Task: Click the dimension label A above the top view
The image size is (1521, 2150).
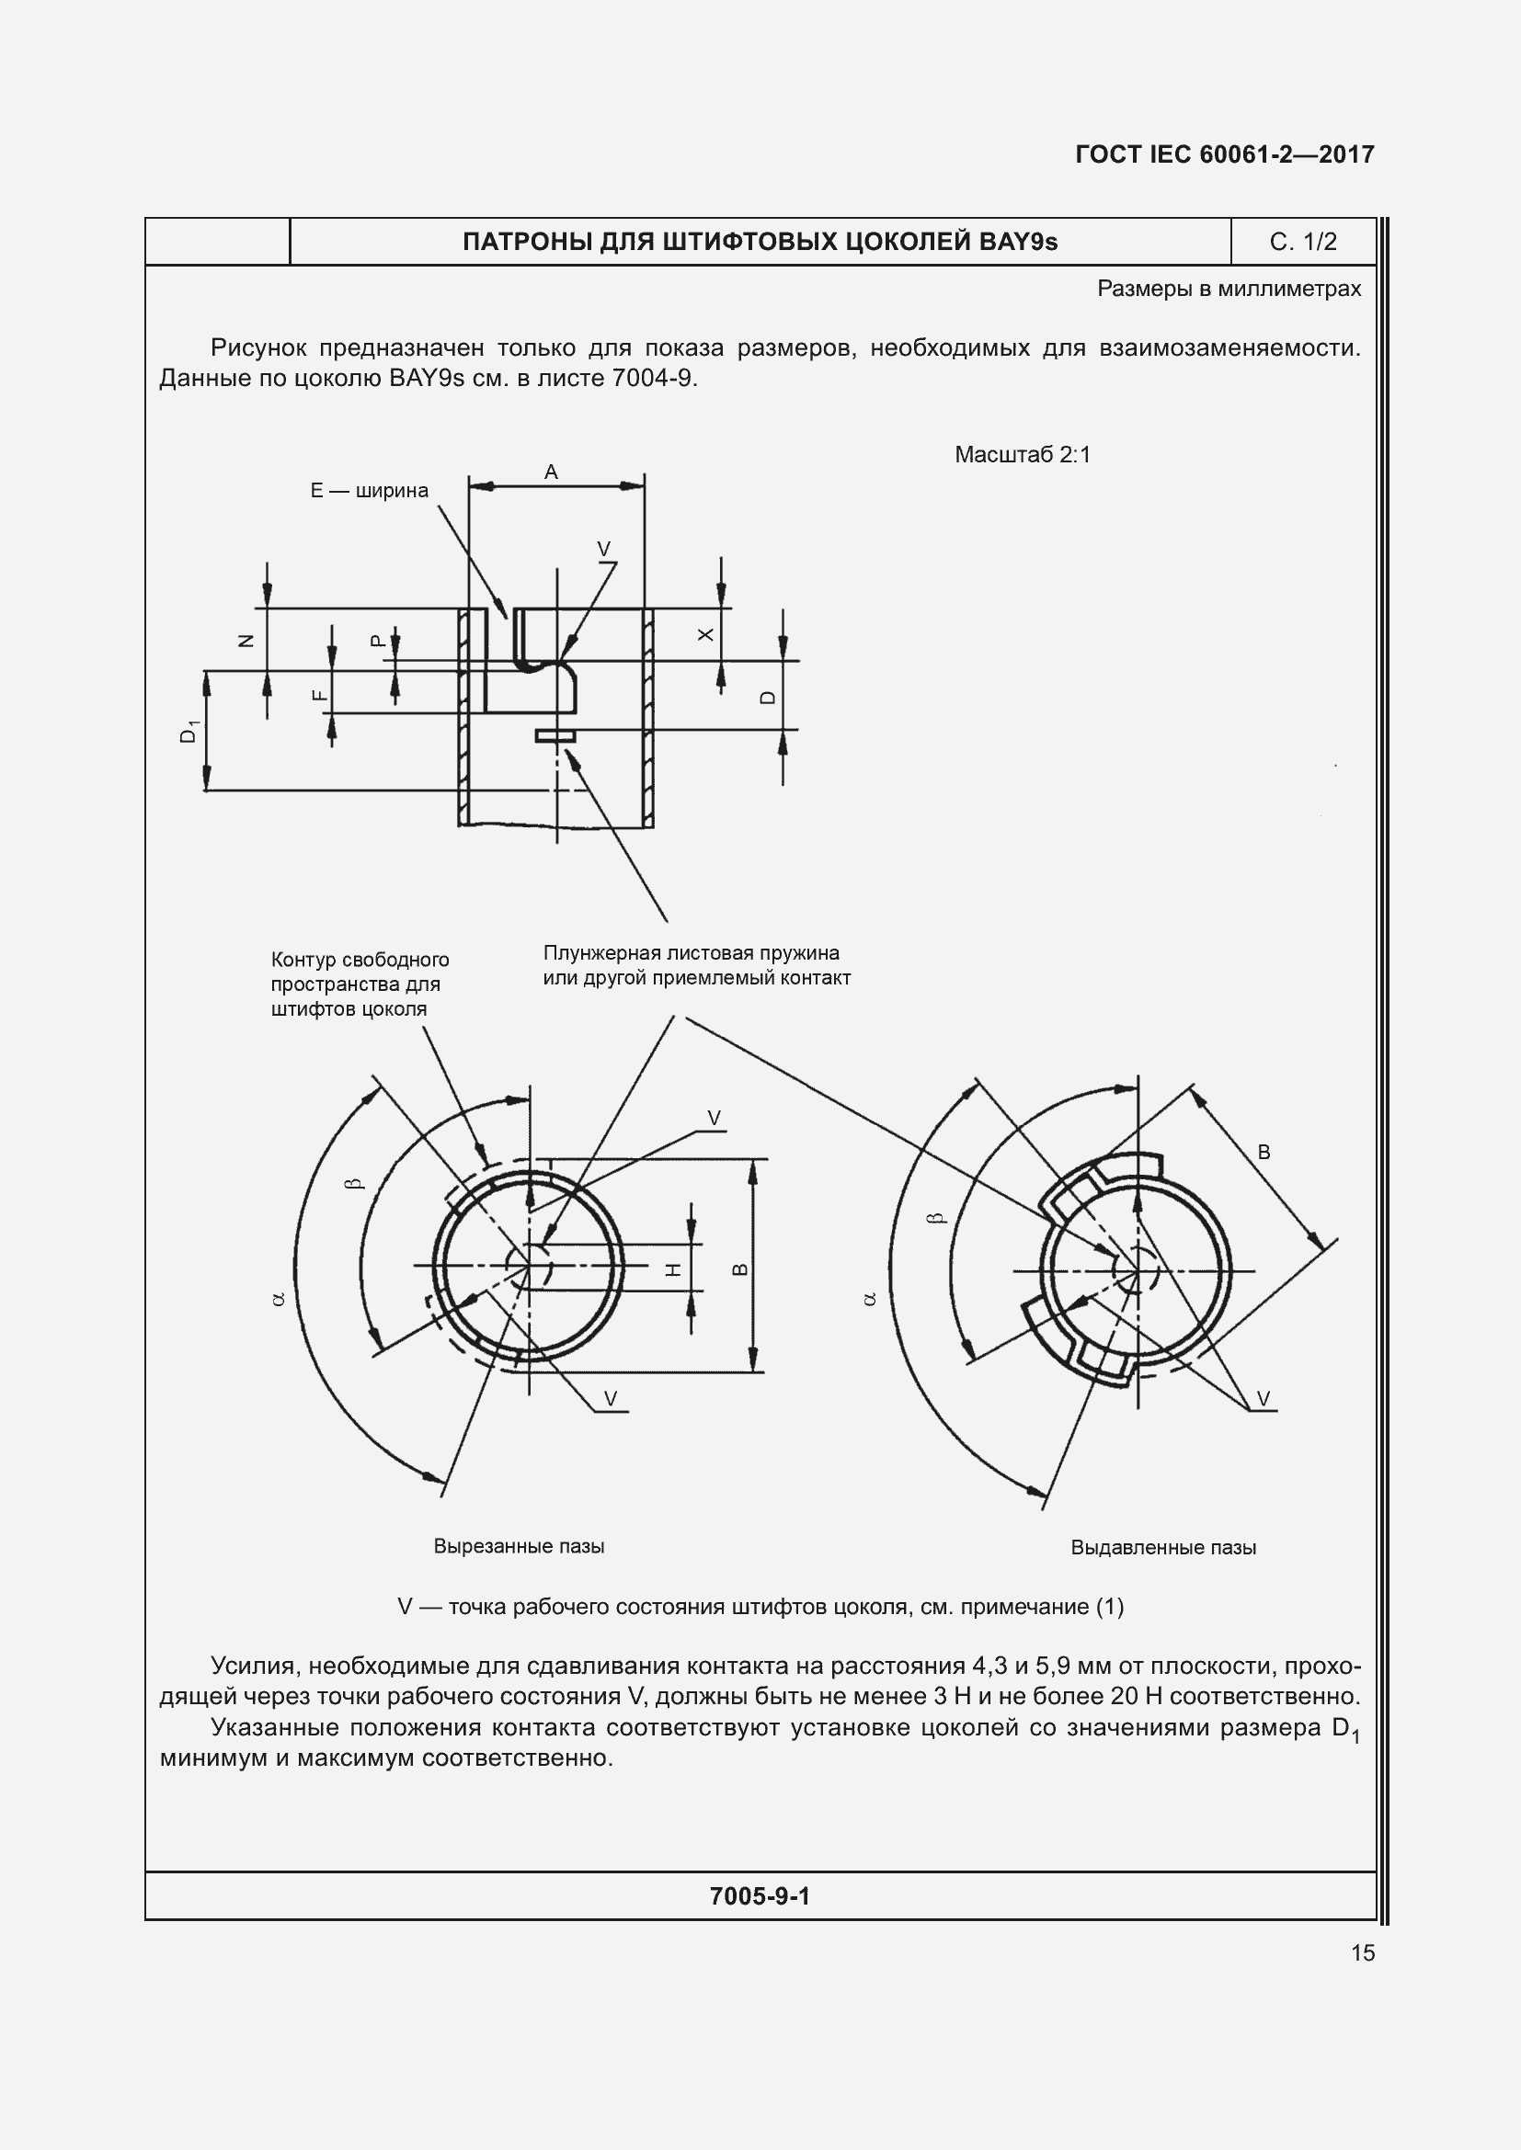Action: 551,472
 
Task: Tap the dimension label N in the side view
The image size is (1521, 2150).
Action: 246,641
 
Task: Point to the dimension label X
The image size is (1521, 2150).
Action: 706,635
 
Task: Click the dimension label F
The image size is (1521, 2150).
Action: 319,695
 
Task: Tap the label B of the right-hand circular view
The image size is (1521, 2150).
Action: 1264,1153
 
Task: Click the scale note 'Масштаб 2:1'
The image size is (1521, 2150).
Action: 1023,455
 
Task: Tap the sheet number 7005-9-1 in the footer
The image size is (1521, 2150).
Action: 760,1896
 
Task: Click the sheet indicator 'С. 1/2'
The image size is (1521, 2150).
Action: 1303,243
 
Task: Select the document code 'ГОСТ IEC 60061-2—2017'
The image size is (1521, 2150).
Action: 1225,154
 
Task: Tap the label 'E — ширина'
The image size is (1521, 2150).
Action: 369,491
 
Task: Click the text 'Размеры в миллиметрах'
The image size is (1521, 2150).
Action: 1229,290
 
